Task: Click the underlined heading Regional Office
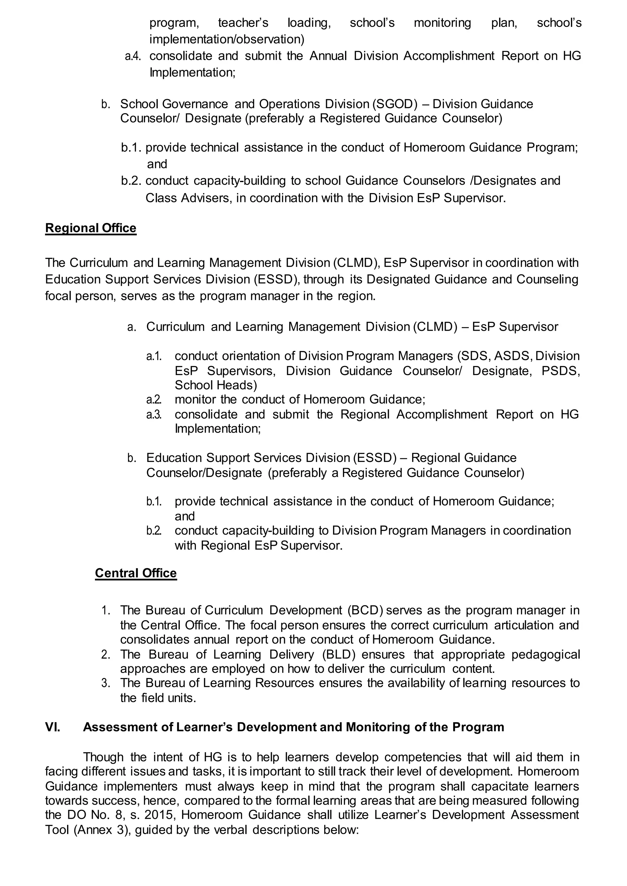91,228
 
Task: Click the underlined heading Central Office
136,573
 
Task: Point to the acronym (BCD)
365,610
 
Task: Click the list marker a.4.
133,56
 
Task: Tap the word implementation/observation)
227,40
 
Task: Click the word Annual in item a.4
328,56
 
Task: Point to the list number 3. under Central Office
106,683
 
